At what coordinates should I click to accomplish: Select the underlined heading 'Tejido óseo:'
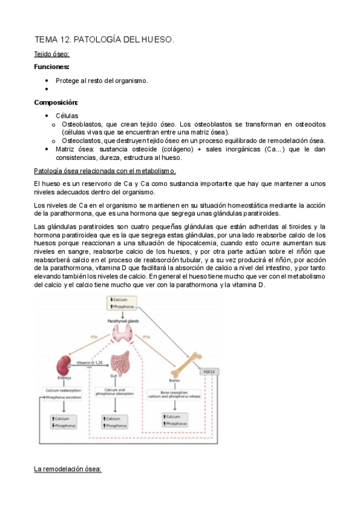click(52, 55)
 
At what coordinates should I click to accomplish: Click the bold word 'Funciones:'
click(52, 67)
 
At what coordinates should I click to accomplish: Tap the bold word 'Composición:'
click(56, 102)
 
